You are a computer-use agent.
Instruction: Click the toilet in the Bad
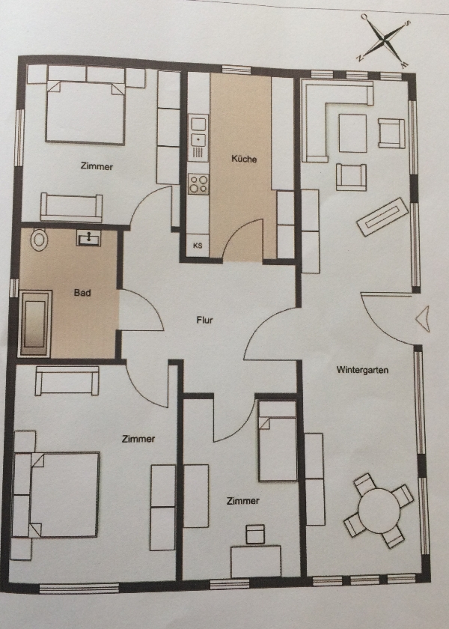pyautogui.click(x=39, y=240)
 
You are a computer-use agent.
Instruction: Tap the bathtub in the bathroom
pyautogui.click(x=35, y=323)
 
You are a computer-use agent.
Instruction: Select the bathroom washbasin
pyautogui.click(x=88, y=238)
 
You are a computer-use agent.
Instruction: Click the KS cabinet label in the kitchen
pyautogui.click(x=198, y=246)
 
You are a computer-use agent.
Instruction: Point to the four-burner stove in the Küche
pyautogui.click(x=198, y=183)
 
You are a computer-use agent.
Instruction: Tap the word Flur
pyautogui.click(x=204, y=320)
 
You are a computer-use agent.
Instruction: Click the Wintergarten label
pyautogui.click(x=362, y=370)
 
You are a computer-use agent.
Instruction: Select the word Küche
pyautogui.click(x=244, y=159)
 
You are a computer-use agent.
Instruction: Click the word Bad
pyautogui.click(x=82, y=293)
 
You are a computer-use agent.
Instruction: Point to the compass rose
pyautogui.click(x=384, y=40)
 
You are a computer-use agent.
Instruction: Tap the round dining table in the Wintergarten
pyautogui.click(x=379, y=511)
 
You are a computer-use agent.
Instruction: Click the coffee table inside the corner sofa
pyautogui.click(x=352, y=133)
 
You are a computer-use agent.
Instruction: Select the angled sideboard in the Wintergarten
pyautogui.click(x=382, y=217)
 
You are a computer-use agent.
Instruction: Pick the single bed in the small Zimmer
pyautogui.click(x=278, y=441)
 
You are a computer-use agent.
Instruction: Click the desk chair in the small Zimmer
pyautogui.click(x=255, y=534)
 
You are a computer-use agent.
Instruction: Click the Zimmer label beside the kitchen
pyautogui.click(x=97, y=166)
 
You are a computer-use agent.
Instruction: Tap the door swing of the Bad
pyautogui.click(x=141, y=310)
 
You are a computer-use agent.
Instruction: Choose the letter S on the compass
pyautogui.click(x=407, y=24)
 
